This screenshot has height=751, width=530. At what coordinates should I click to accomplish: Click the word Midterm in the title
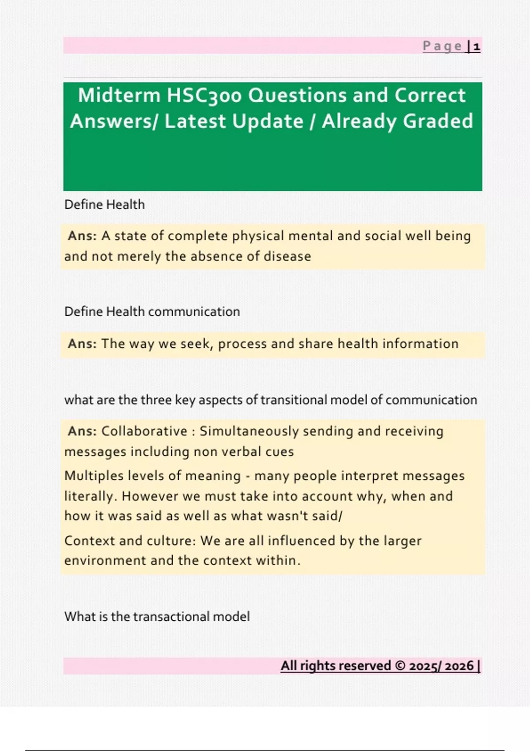(119, 95)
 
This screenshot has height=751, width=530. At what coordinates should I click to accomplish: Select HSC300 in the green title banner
(204, 95)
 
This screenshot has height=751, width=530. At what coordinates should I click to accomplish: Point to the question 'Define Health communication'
(152, 311)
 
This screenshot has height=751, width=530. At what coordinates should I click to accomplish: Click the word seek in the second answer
(197, 344)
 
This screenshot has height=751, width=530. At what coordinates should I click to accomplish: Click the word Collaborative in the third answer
(144, 431)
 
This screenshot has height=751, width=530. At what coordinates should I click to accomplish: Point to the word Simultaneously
(249, 432)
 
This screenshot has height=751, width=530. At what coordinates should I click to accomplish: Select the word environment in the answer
(105, 561)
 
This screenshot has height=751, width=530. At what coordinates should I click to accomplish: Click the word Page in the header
(443, 46)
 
